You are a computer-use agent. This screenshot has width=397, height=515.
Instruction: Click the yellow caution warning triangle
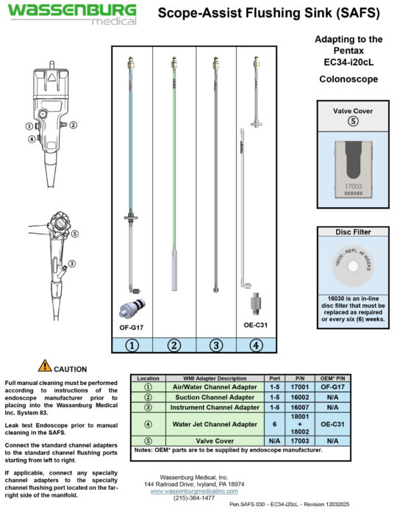45,365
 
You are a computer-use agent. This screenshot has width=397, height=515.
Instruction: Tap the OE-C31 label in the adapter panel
254,325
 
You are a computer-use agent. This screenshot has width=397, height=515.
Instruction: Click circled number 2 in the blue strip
174,345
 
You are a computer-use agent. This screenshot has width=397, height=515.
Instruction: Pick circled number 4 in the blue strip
256,345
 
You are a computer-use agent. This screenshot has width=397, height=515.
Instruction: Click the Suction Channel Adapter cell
214,396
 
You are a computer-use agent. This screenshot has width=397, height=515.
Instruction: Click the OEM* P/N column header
332,378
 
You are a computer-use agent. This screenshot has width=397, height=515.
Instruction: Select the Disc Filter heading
352,232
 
